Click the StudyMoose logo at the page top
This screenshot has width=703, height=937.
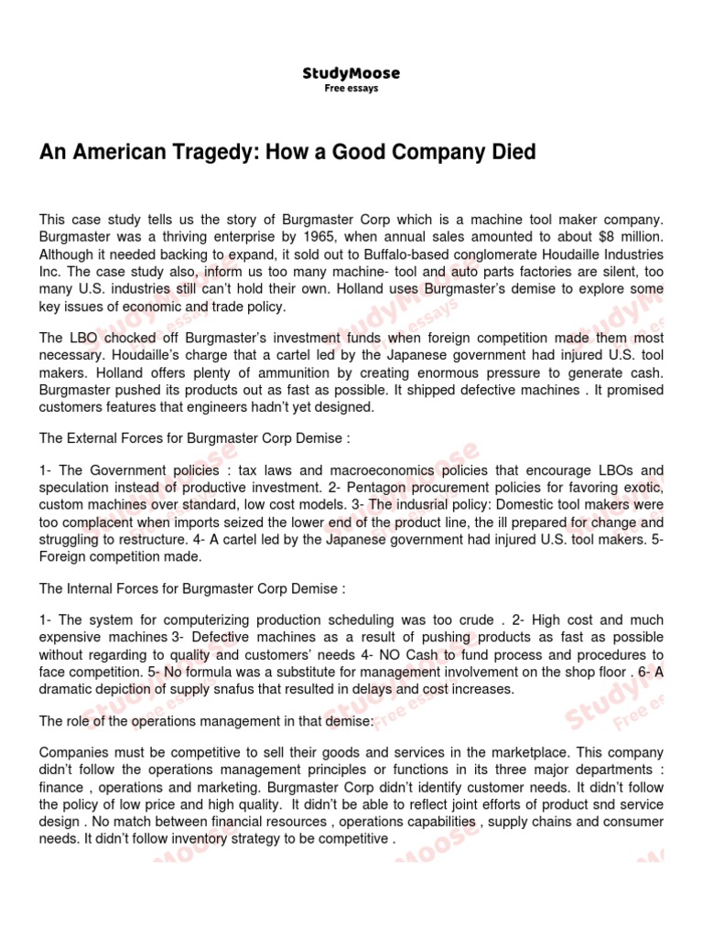coord(351,73)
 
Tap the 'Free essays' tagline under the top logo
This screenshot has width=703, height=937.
coord(351,89)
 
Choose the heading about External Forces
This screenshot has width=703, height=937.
coord(194,438)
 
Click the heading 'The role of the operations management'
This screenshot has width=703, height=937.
coord(207,721)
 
